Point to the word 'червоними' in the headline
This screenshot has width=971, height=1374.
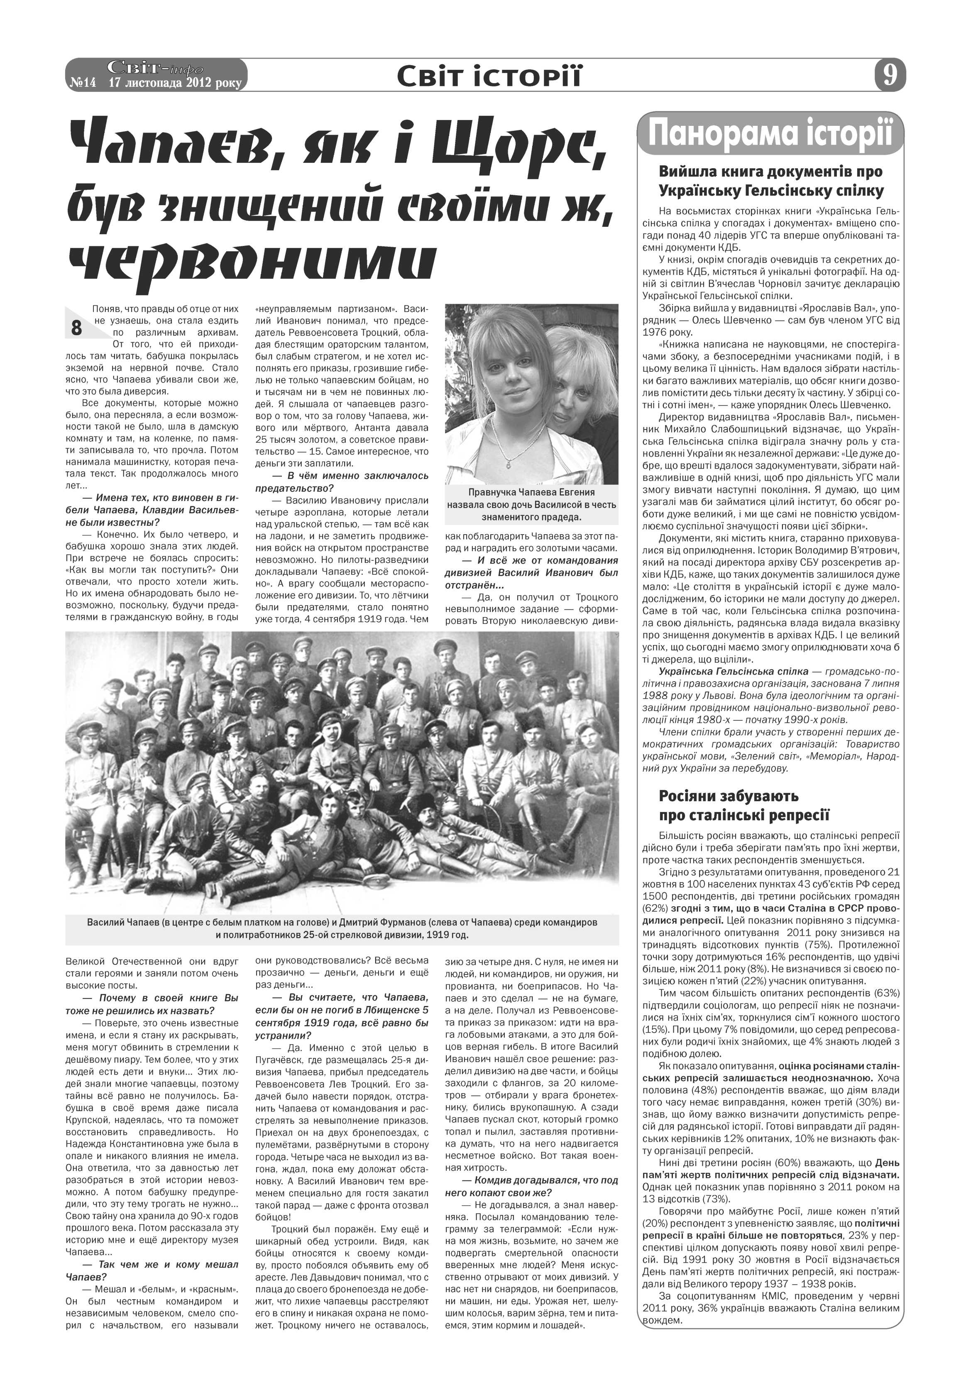pyautogui.click(x=253, y=262)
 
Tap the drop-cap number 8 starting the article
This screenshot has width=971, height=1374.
pyautogui.click(x=76, y=327)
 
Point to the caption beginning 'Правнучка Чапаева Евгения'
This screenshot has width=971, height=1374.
pyautogui.click(x=531, y=505)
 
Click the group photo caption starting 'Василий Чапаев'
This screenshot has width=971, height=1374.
pyautogui.click(x=342, y=928)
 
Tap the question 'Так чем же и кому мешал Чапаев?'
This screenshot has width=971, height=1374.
pyautogui.click(x=152, y=1271)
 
